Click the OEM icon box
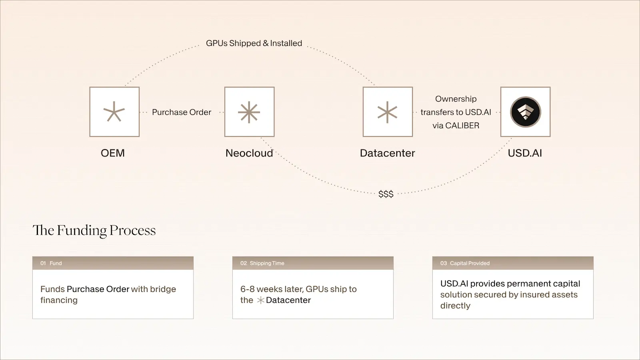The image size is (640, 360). (114, 112)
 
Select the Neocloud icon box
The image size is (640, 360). (250, 112)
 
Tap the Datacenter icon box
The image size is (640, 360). (388, 112)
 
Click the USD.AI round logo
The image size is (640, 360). (526, 112)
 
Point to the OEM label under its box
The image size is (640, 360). (112, 153)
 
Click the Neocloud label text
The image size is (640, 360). (249, 153)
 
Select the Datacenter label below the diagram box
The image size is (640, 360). (388, 153)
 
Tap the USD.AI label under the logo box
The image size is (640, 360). (525, 153)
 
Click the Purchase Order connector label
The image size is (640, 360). (182, 112)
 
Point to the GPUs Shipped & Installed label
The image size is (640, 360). (254, 43)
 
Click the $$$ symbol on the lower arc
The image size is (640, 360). (386, 194)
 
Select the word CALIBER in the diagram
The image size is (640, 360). (462, 126)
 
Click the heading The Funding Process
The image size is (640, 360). (94, 230)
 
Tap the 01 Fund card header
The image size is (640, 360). (113, 263)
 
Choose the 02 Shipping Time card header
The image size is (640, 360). (313, 263)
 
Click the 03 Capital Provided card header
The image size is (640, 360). (513, 263)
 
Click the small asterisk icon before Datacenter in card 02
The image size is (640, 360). (260, 300)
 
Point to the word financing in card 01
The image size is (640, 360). (59, 300)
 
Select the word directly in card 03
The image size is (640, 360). (455, 306)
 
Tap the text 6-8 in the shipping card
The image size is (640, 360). (248, 289)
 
